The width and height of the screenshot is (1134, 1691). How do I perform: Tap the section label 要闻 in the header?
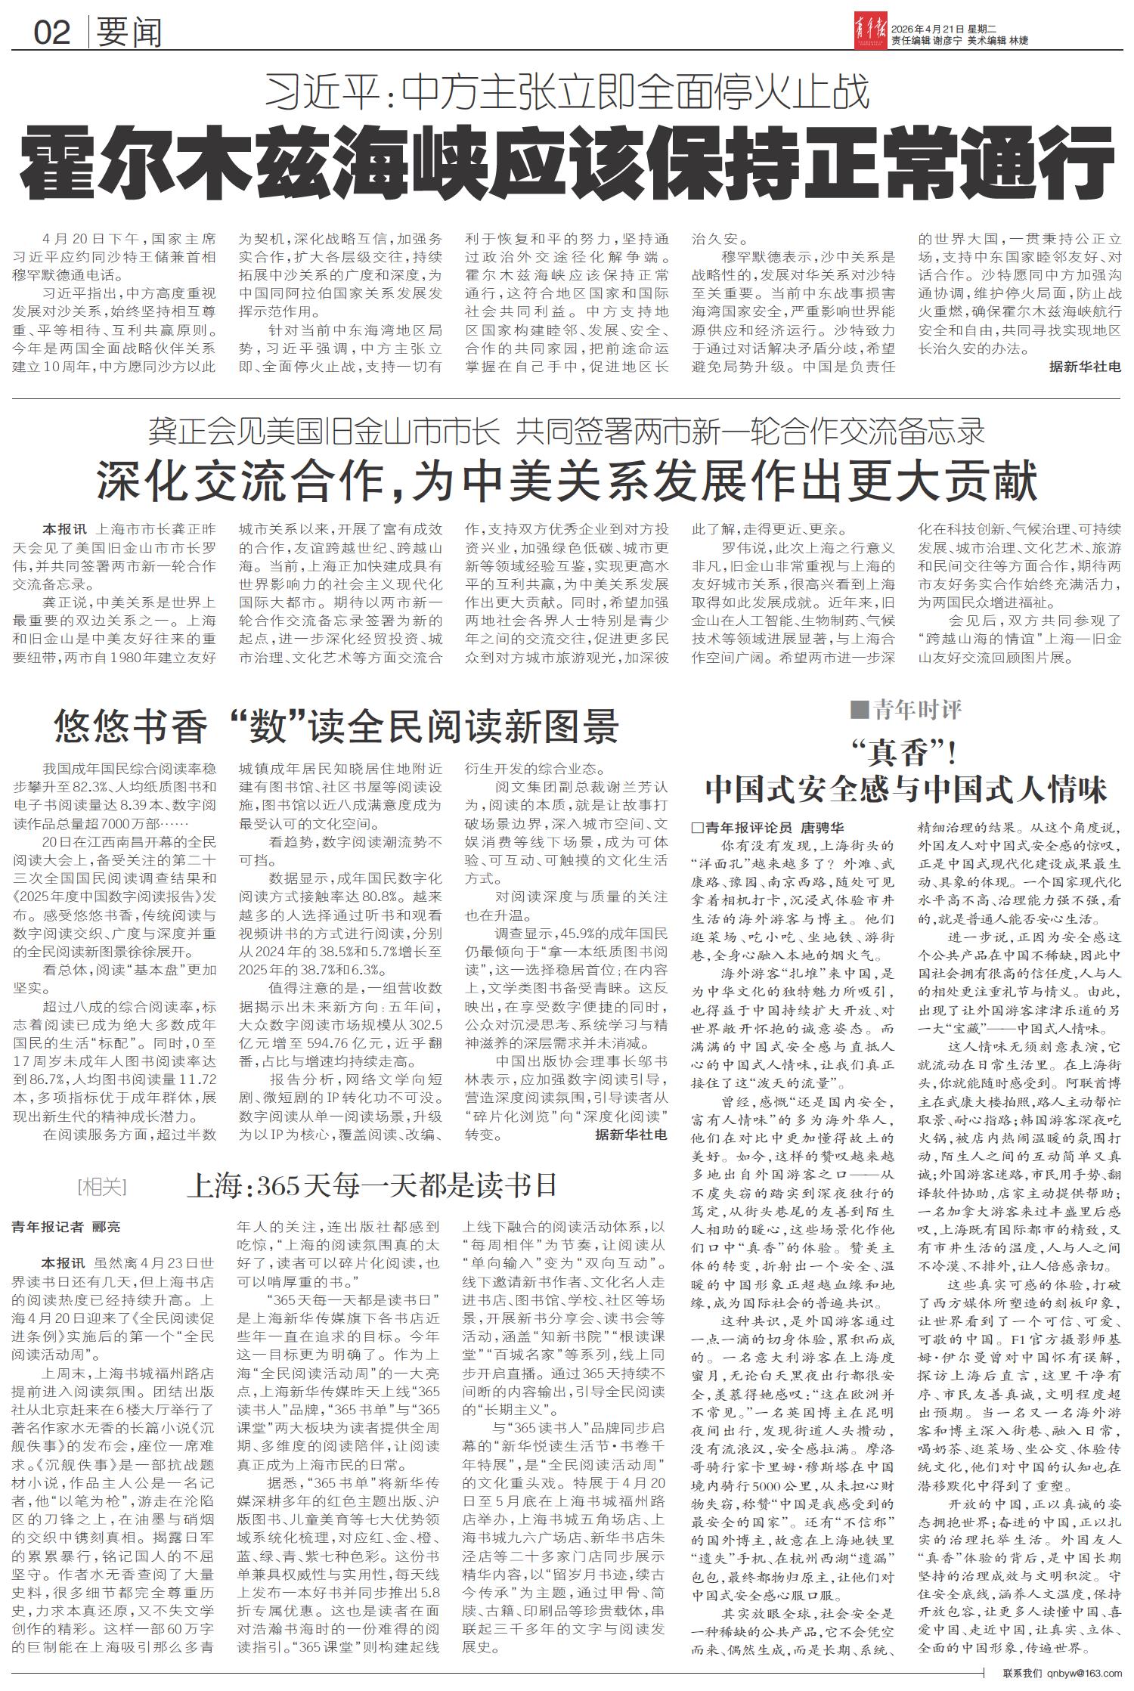[x=129, y=32]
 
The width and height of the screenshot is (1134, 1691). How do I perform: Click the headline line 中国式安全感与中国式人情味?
[x=906, y=789]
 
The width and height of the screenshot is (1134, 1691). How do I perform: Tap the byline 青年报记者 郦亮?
[x=66, y=1227]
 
